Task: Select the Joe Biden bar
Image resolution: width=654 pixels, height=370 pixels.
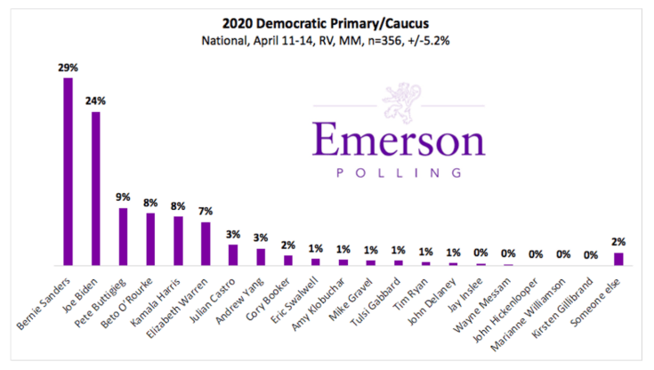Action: tap(95, 189)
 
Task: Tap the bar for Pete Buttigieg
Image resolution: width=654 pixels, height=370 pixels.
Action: tap(123, 237)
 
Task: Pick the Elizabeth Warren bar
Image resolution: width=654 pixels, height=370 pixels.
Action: tap(206, 244)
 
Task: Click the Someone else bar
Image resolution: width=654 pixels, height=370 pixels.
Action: tap(618, 259)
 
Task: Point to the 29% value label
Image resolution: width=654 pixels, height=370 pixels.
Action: tap(68, 68)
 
